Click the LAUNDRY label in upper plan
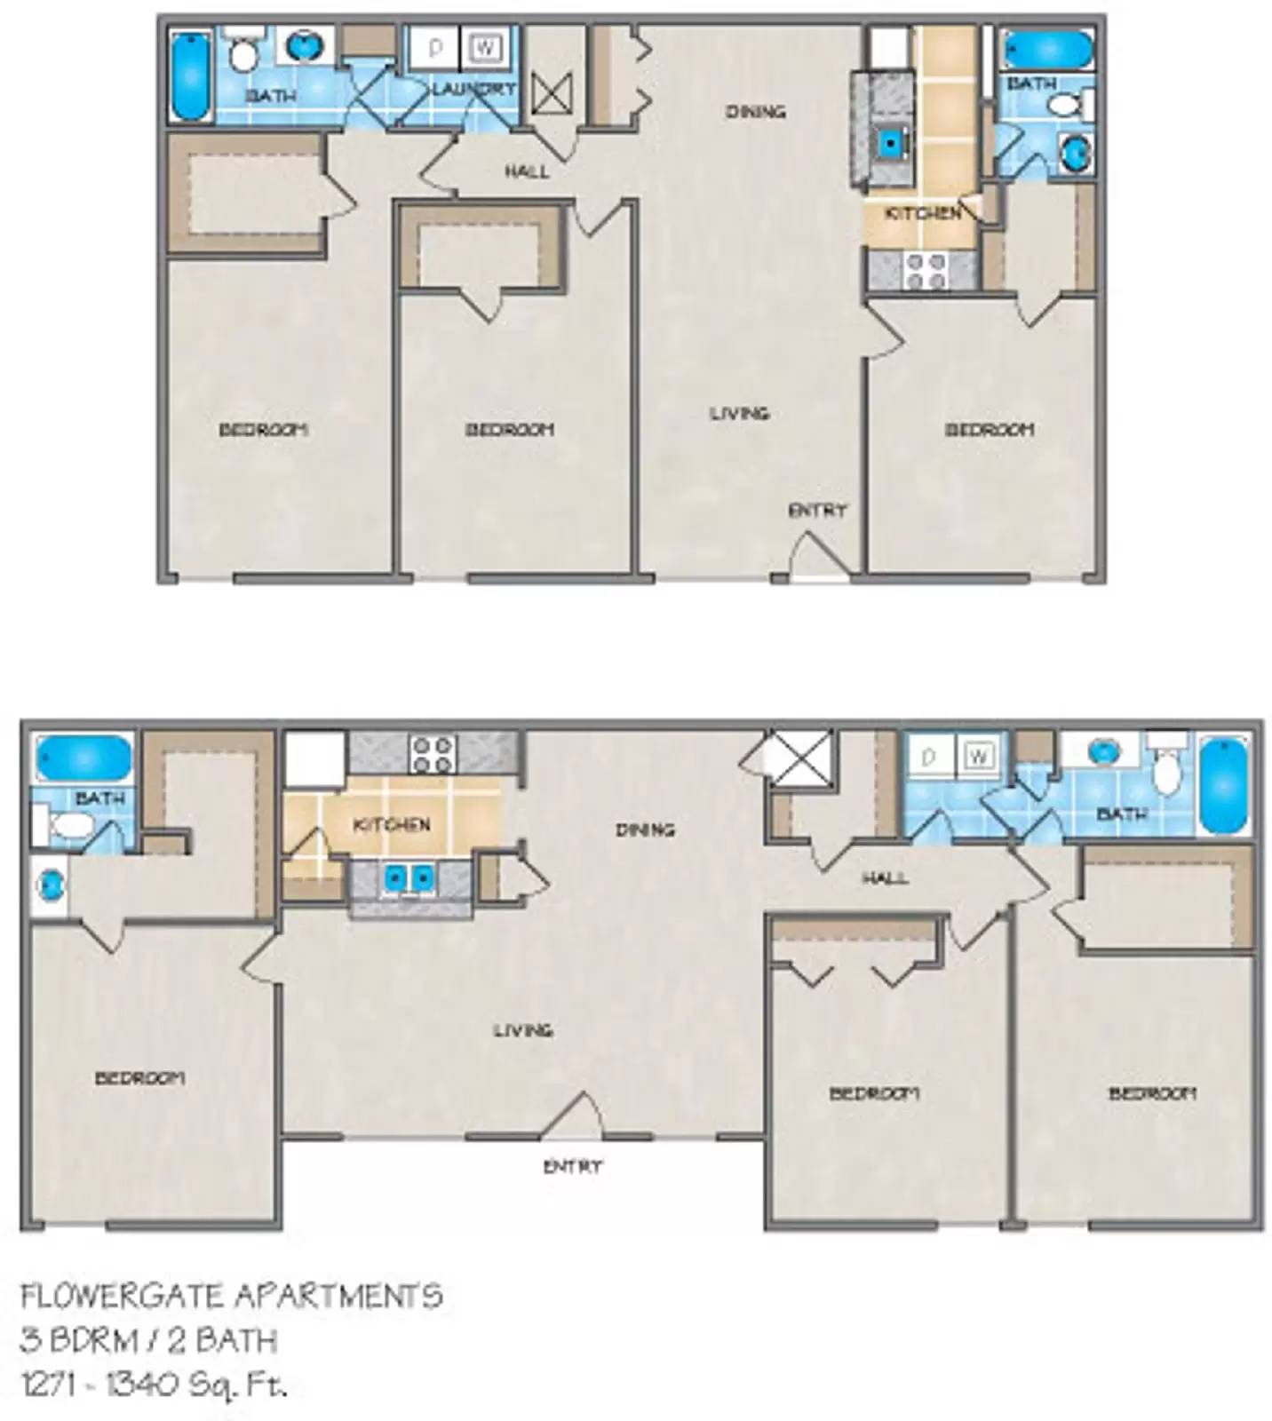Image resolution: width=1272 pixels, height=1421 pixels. tap(473, 89)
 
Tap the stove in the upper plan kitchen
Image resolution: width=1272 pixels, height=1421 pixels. tap(926, 270)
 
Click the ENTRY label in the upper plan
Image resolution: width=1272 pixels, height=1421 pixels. tap(817, 510)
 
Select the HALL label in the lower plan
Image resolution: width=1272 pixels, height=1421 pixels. tap(885, 878)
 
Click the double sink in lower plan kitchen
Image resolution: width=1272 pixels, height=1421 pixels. tap(409, 879)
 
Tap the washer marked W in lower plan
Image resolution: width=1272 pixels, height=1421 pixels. tap(978, 757)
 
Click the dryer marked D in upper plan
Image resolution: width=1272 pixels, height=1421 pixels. tap(435, 48)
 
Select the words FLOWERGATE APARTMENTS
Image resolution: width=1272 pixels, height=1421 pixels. tap(231, 1296)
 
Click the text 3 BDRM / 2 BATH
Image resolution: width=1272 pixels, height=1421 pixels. tap(148, 1339)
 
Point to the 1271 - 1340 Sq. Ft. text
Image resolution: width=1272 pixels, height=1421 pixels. tap(154, 1384)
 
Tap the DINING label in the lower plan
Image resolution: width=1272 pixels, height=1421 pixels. tap(645, 830)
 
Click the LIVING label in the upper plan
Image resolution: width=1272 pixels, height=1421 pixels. tap(739, 413)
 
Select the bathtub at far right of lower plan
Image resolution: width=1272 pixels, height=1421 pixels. tap(1224, 785)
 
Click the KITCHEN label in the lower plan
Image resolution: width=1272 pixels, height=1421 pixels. tap(392, 825)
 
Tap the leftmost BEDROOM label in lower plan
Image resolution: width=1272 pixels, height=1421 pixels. tap(140, 1078)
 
